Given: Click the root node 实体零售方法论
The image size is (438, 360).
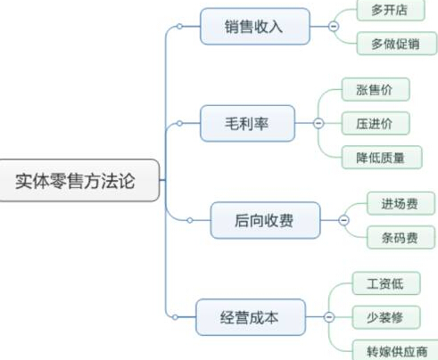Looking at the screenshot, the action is click(x=79, y=180).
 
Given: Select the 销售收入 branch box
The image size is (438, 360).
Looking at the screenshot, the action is click(x=255, y=27).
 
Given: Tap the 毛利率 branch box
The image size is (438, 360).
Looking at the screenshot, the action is click(x=247, y=123).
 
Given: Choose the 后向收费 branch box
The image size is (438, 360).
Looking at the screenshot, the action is click(x=265, y=220).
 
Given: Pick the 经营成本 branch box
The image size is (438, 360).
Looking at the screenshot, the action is click(x=251, y=317).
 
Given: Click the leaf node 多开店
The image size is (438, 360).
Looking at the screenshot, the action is click(x=391, y=10).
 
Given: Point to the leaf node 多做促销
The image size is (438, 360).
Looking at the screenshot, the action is click(x=397, y=44).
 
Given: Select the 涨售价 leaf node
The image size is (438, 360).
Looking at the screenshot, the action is click(x=376, y=89).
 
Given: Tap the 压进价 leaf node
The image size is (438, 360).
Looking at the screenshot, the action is click(x=376, y=123).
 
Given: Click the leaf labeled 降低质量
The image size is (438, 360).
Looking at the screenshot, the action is click(x=382, y=157).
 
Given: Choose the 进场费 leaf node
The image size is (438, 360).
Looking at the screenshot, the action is click(x=401, y=203).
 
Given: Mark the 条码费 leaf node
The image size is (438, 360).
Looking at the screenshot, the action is click(x=401, y=237).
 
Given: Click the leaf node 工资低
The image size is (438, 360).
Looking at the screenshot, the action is click(x=386, y=283).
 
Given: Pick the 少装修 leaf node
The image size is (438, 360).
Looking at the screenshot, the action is click(x=386, y=317).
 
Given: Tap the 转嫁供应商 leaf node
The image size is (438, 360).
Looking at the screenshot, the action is click(x=395, y=350).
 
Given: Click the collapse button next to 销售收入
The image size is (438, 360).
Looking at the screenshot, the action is click(x=334, y=27).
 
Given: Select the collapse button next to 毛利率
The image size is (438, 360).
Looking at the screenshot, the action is click(x=318, y=123).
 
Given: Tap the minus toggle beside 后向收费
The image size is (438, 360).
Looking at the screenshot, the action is click(x=343, y=220).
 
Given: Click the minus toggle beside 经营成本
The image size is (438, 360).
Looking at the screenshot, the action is click(x=329, y=317).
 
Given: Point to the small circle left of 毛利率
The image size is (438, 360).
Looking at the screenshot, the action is click(x=179, y=123).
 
